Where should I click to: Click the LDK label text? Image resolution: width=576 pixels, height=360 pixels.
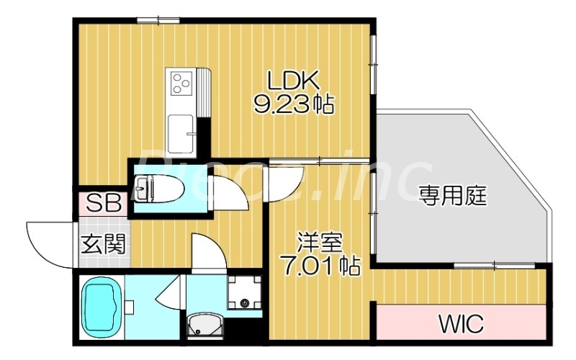click(294, 80)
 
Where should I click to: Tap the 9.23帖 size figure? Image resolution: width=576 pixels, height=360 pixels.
click(294, 105)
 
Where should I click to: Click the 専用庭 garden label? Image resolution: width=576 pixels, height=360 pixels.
click(453, 195)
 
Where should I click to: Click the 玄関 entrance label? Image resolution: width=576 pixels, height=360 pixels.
click(102, 244)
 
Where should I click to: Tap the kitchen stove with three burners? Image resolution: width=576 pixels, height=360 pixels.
click(181, 84)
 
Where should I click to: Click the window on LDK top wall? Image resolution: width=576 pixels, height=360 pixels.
click(158, 20)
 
